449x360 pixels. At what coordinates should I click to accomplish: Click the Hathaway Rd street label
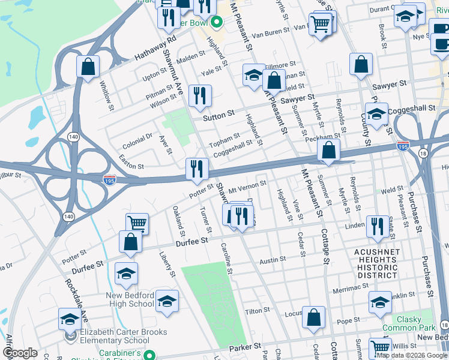pos(146,47)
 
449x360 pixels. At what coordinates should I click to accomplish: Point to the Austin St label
pos(273,261)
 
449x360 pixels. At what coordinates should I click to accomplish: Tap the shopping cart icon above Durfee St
pos(137,224)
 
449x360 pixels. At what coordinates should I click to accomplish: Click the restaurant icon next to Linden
pos(377,226)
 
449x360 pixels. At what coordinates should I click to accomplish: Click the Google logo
pos(20,353)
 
